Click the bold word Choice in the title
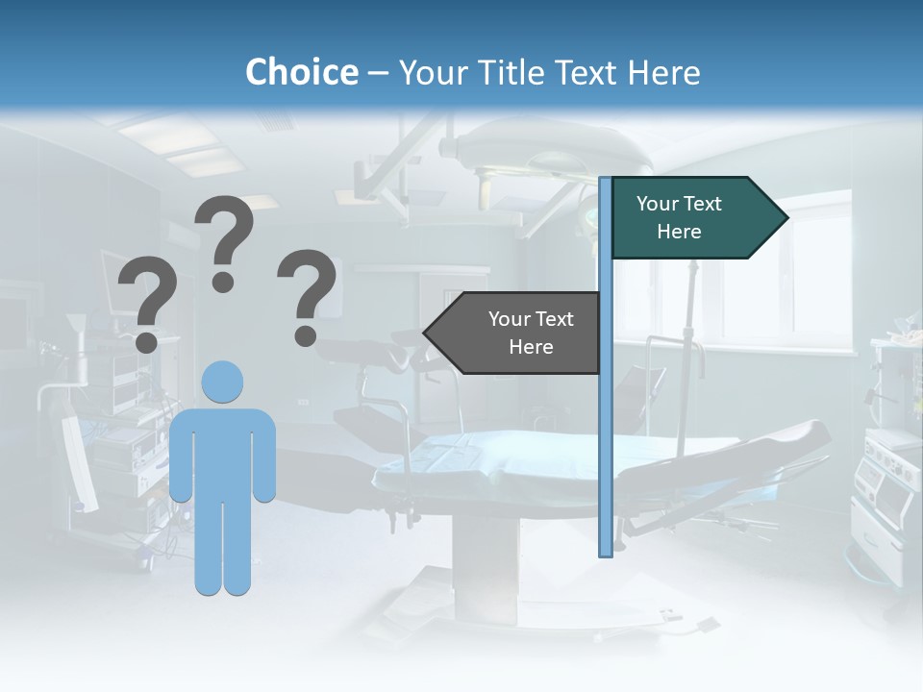pyautogui.click(x=301, y=72)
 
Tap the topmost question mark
pyautogui.click(x=225, y=240)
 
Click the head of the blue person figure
pyautogui.click(x=222, y=382)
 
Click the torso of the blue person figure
pyautogui.click(x=222, y=452)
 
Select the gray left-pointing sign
pyautogui.click(x=519, y=333)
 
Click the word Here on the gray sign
pyautogui.click(x=531, y=347)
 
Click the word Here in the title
pyautogui.click(x=663, y=73)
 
